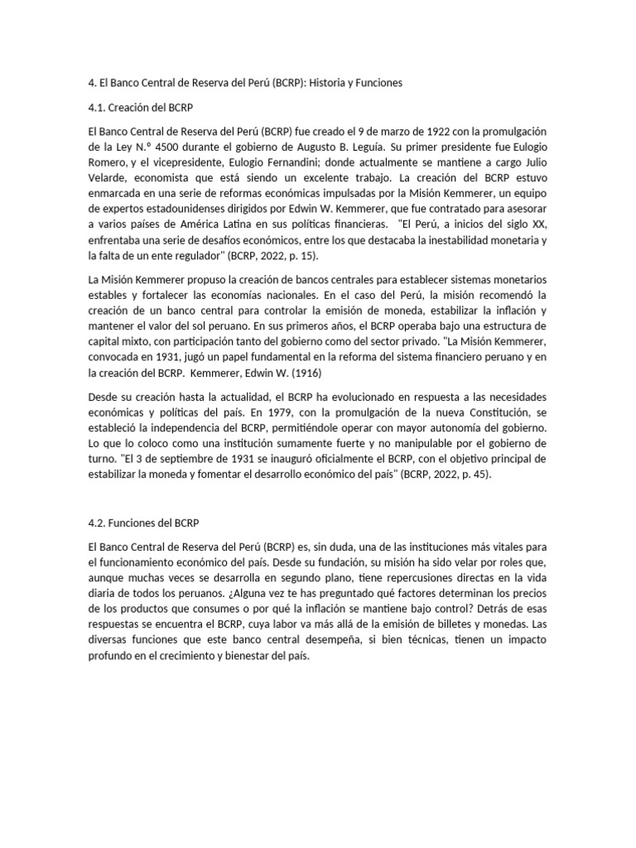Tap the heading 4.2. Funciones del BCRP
click(143, 523)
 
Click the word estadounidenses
click(186, 210)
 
